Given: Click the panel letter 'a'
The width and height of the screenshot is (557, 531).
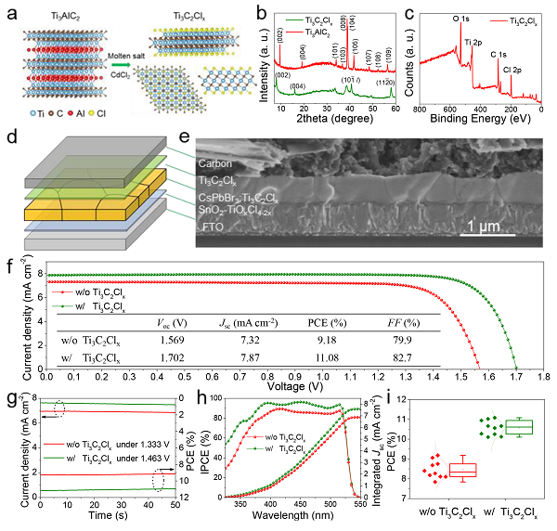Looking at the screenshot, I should coord(10,11).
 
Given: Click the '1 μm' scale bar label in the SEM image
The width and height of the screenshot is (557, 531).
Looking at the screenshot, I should coord(481,226).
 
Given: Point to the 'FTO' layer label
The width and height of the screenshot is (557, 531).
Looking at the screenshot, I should coord(209,226).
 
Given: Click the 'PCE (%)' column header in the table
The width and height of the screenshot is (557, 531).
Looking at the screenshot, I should coord(327,322).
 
